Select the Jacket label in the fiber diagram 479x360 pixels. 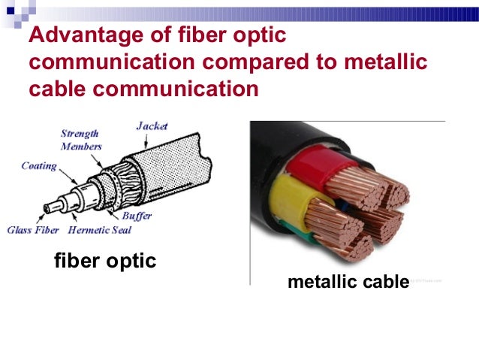(152, 126)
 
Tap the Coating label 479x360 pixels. (38, 166)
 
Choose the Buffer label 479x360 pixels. (136, 216)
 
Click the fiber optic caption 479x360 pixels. (105, 261)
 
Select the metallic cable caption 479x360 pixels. (348, 283)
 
